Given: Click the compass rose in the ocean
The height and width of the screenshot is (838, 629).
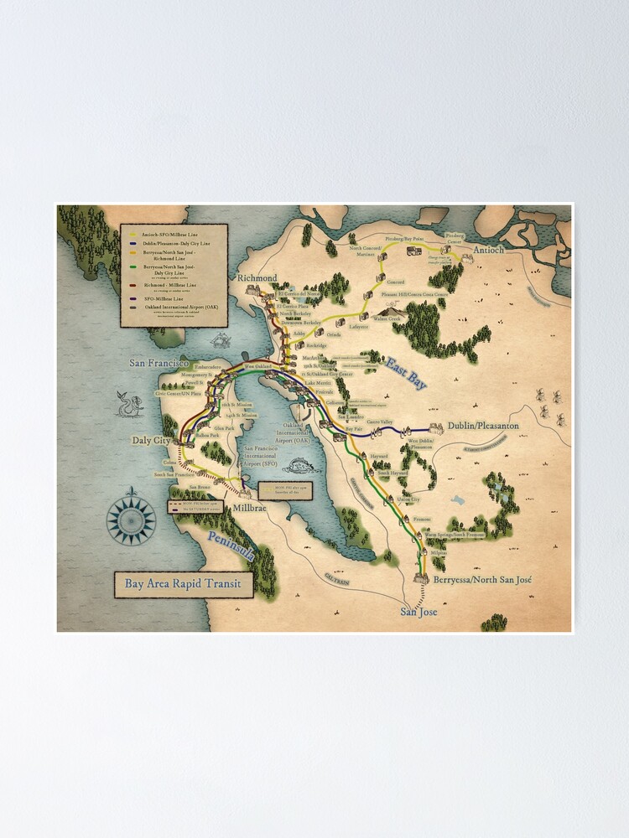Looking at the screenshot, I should pos(132,520).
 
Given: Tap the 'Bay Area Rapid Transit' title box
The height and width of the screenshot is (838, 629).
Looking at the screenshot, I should pos(183,584).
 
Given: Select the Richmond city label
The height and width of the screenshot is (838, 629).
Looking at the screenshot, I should pos(257,277).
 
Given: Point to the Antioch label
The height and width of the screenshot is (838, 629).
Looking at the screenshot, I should pos(489,251).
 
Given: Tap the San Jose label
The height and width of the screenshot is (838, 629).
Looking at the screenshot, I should pos(418,612).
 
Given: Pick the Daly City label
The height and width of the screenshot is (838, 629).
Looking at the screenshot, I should pos(151,440).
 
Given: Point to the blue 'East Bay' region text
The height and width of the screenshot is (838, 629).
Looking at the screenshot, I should pos(408,373).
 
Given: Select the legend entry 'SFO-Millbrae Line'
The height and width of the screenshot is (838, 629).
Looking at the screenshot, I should pos(163,297).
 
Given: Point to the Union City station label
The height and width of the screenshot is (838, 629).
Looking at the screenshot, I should pos(408,499).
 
